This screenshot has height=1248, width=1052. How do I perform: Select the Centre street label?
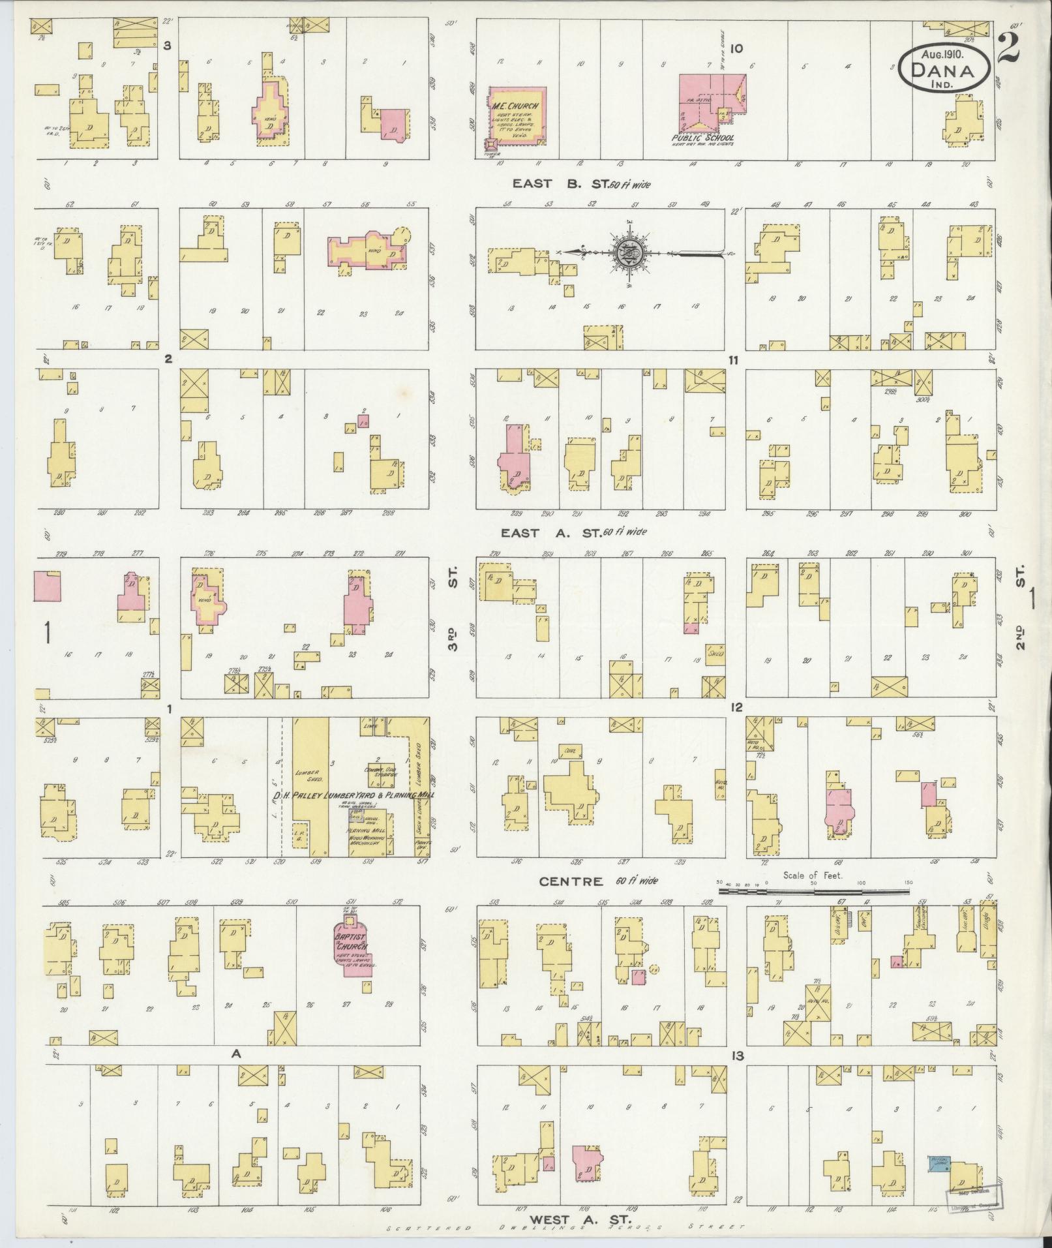[x=571, y=881]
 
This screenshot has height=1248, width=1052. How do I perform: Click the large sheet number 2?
[x=1008, y=49]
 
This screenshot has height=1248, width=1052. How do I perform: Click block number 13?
[x=737, y=1056]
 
